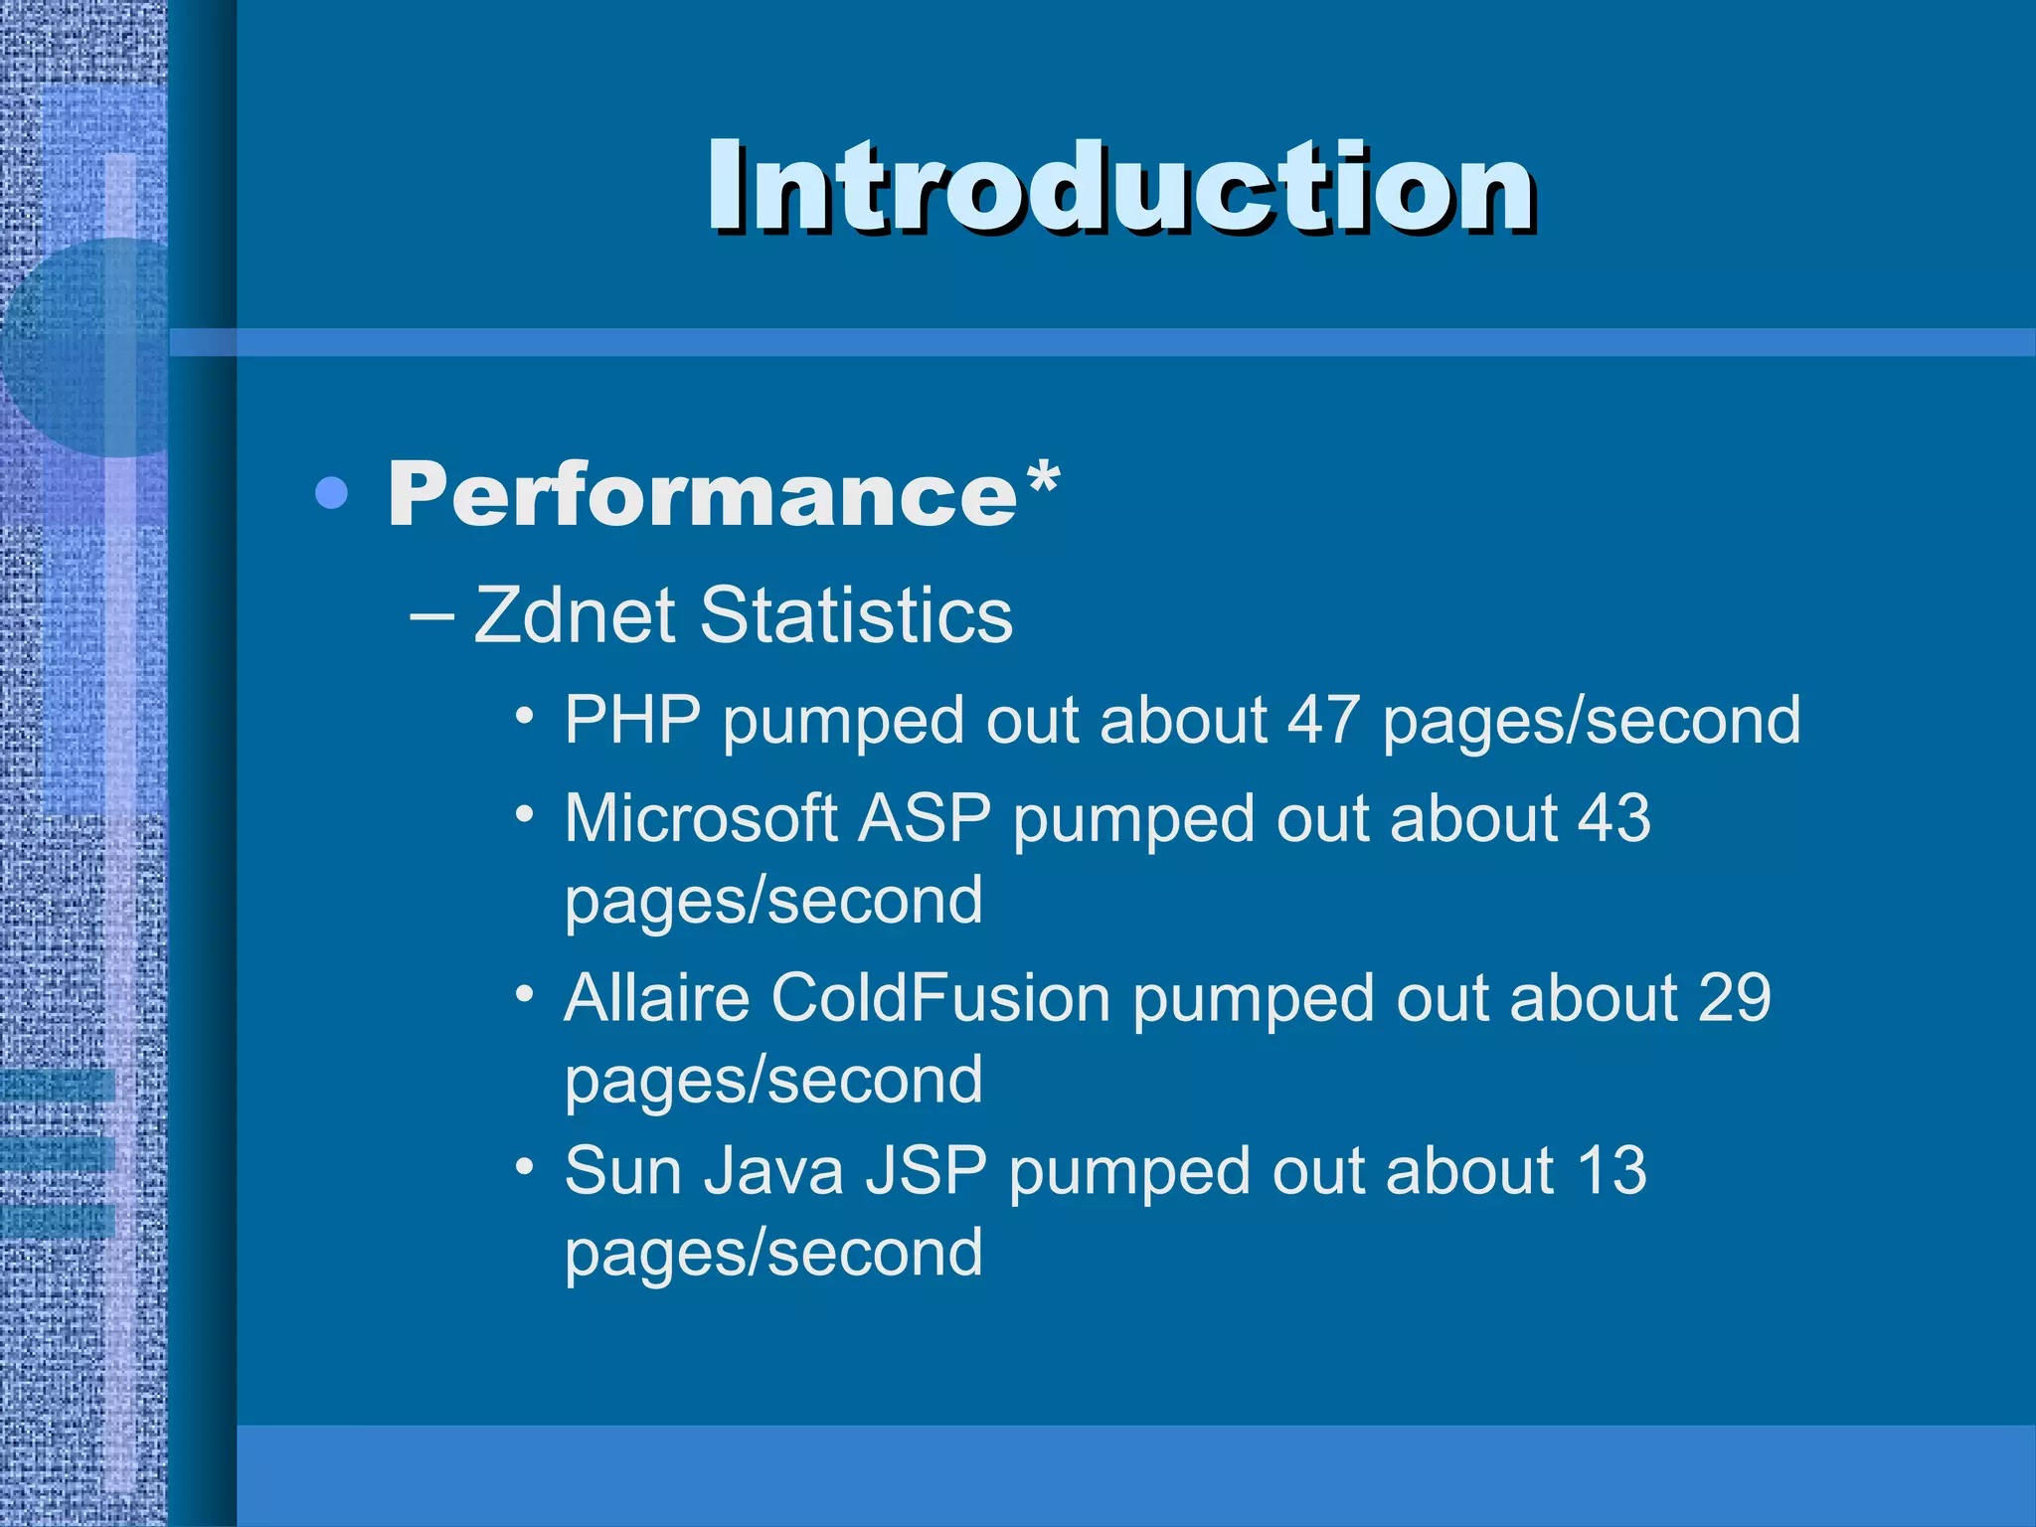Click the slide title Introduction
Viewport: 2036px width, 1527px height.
pos(1120,187)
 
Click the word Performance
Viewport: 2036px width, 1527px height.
pos(702,494)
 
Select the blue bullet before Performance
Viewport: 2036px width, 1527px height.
pos(331,493)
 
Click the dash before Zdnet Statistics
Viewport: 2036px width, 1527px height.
pos(432,616)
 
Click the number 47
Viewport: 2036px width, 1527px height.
pos(1322,719)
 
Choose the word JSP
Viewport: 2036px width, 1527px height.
pos(926,1170)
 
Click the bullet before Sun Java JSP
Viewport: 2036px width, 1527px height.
pos(525,1164)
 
